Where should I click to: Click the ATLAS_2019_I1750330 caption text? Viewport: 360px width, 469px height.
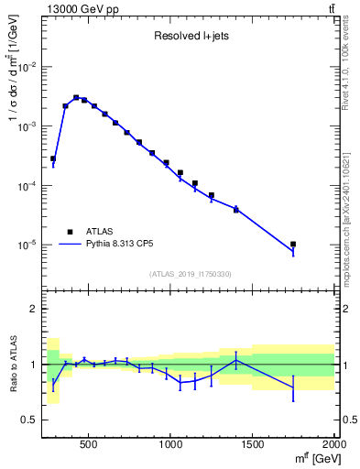[x=190, y=274]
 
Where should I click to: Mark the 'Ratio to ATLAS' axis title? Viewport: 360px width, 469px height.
[x=12, y=364]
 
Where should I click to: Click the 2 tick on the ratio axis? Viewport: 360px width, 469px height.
[x=33, y=309]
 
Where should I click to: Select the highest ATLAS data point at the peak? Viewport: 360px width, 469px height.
[x=76, y=97]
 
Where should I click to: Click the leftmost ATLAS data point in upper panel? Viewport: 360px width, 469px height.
[x=53, y=158]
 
